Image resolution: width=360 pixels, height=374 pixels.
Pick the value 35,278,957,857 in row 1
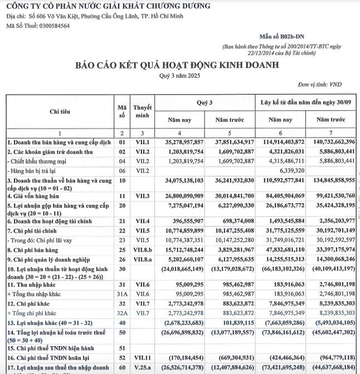[180, 142]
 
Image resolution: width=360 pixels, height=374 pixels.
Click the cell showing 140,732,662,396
[331, 142]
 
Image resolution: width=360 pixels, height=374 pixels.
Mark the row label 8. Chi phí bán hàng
[33, 243]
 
